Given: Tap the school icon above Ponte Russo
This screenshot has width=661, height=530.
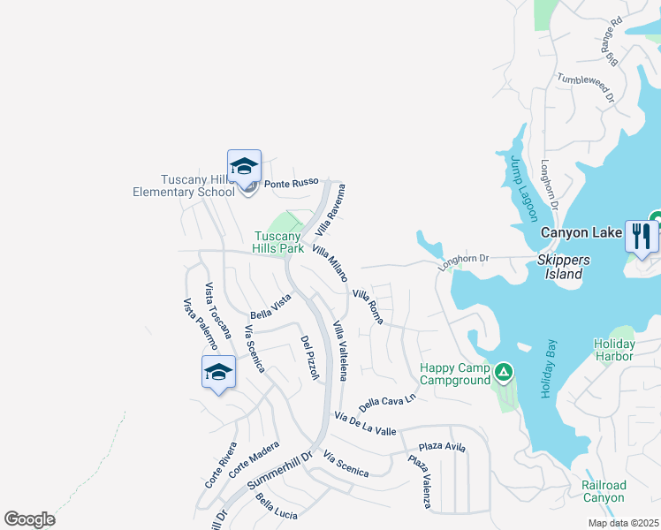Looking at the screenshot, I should tap(245, 165).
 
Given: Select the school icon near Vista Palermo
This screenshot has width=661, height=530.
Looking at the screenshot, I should tap(218, 372).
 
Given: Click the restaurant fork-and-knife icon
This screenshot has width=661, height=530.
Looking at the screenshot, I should tap(642, 236).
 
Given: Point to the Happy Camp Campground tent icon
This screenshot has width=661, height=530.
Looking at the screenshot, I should tap(503, 373).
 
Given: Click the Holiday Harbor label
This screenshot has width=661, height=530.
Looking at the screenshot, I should tap(614, 350).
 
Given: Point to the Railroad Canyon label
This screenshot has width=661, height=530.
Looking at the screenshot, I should tap(604, 492).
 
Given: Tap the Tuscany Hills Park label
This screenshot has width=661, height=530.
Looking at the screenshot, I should tap(279, 242).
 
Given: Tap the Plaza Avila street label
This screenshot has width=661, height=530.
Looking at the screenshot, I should tap(442, 447).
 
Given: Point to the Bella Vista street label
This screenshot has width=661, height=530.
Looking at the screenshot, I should tap(270, 308).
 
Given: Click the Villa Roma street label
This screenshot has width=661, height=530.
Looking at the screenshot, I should tap(368, 306).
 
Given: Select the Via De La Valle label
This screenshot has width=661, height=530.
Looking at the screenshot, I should tap(365, 423).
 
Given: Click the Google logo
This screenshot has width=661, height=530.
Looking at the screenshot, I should tap(29, 519).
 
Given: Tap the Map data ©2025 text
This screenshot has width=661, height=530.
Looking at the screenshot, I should tap(623, 523).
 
